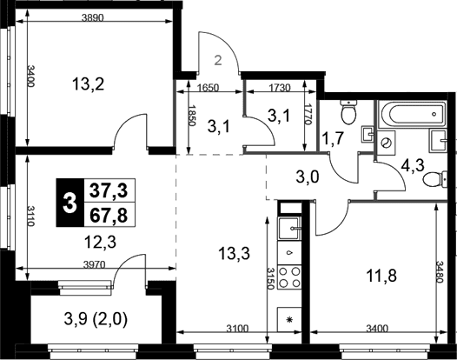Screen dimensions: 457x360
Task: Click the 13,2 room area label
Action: pyautogui.click(x=88, y=85)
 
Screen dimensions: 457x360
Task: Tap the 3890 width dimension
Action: pyautogui.click(x=93, y=18)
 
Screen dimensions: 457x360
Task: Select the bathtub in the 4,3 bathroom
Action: pyautogui.click(x=412, y=114)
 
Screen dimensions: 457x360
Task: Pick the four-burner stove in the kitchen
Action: pyautogui.click(x=289, y=277)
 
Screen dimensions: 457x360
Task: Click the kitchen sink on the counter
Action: pyautogui.click(x=289, y=229)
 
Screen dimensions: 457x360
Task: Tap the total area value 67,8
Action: pyautogui.click(x=109, y=216)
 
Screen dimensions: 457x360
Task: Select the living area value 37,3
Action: pyautogui.click(x=109, y=191)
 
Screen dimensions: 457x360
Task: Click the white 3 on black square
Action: pyautogui.click(x=70, y=203)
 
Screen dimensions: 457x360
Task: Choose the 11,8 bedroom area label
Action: pyautogui.click(x=381, y=276)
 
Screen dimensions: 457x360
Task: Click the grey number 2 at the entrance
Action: pyautogui.click(x=218, y=61)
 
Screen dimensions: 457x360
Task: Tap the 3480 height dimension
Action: pyautogui.click(x=440, y=271)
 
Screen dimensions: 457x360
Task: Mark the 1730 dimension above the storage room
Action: pyautogui.click(x=280, y=88)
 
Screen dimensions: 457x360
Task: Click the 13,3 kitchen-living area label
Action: pyautogui.click(x=234, y=254)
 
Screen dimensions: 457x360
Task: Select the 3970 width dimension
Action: pyautogui.click(x=94, y=264)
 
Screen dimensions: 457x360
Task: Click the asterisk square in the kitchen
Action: pyautogui.click(x=289, y=319)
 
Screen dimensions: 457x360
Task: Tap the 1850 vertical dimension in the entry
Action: pyautogui.click(x=191, y=116)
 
